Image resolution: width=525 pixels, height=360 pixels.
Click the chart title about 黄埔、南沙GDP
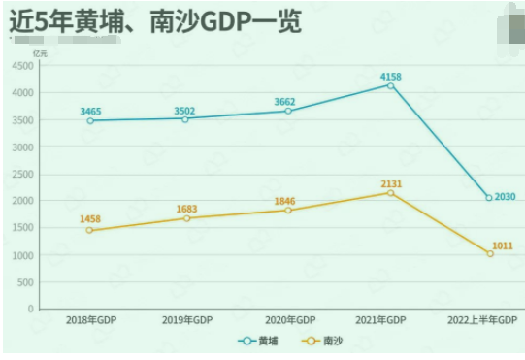point(155,20)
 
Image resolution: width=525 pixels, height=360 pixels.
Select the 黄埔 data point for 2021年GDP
point(391,85)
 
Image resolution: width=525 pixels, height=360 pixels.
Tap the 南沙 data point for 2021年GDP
point(391,193)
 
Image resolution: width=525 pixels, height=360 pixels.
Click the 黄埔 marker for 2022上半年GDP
point(488,198)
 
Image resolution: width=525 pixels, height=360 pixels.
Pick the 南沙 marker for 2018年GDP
point(89,230)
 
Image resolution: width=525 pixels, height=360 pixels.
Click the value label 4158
point(391,76)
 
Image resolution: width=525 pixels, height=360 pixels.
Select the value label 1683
point(188,209)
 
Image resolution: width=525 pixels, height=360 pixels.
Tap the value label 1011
point(503,245)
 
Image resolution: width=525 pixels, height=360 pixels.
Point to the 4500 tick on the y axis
point(22,65)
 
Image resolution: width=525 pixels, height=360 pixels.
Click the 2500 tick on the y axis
point(22,174)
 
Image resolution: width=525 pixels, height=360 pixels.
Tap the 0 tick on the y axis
point(30,309)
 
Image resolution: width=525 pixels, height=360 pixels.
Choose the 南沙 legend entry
point(324,341)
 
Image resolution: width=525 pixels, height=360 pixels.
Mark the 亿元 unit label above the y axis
point(39,52)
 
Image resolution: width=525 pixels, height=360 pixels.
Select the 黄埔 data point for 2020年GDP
point(288,111)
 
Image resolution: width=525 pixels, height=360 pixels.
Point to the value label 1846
point(283,201)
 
